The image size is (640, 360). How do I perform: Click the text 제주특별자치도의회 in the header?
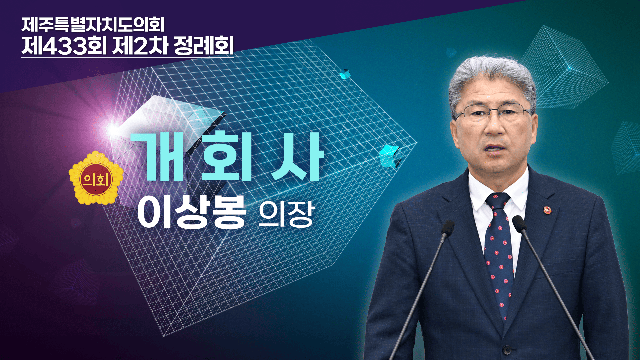[x=93, y=25]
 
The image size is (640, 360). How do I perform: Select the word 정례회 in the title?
[x=204, y=46]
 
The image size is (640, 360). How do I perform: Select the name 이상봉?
[x=191, y=212]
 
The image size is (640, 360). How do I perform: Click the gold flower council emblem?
[x=96, y=178]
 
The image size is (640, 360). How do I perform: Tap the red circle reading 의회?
[x=96, y=179]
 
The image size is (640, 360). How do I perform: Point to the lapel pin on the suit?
[x=547, y=210]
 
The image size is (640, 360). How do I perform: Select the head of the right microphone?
[x=519, y=224]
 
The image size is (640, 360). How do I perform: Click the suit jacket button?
[x=507, y=350]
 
